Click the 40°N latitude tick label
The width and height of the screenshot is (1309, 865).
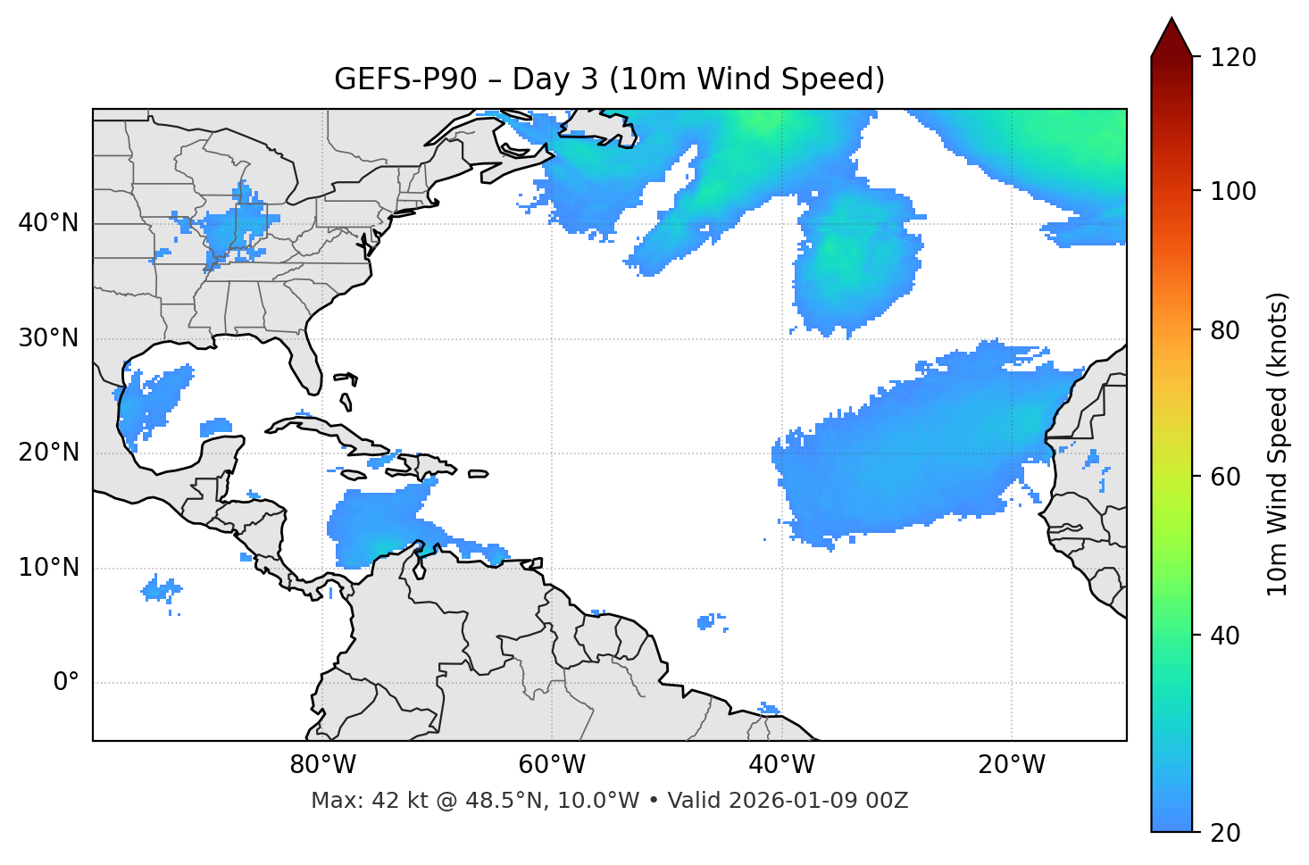pyautogui.click(x=48, y=223)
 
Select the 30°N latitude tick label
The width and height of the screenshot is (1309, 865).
pyautogui.click(x=48, y=338)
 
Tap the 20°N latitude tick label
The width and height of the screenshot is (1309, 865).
pyautogui.click(x=48, y=453)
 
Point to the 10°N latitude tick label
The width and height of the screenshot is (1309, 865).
pyautogui.click(x=48, y=568)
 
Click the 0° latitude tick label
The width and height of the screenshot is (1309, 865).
pyautogui.click(x=66, y=683)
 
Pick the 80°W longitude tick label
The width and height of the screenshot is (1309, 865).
pyautogui.click(x=322, y=765)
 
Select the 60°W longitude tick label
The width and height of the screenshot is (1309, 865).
pyautogui.click(x=552, y=765)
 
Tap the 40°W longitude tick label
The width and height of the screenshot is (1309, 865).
pyautogui.click(x=782, y=765)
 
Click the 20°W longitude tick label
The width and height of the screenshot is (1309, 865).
pyautogui.click(x=1012, y=765)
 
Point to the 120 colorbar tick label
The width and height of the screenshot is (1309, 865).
pyautogui.click(x=1233, y=58)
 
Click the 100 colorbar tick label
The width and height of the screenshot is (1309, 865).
pyautogui.click(x=1233, y=191)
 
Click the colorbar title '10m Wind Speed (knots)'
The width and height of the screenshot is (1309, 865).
pyautogui.click(x=1278, y=444)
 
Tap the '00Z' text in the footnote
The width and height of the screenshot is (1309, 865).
pyautogui.click(x=888, y=801)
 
